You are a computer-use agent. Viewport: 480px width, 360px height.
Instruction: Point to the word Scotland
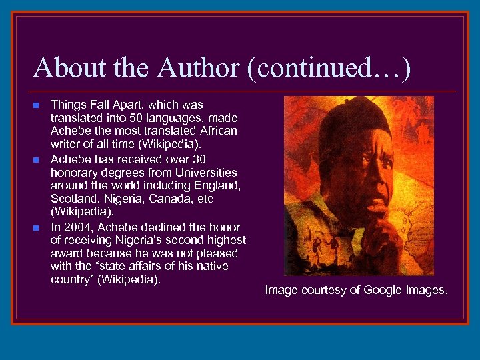tap(74, 199)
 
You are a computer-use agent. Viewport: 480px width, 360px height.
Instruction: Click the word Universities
tap(205, 172)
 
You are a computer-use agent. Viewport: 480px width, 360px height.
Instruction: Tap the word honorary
tap(73, 172)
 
